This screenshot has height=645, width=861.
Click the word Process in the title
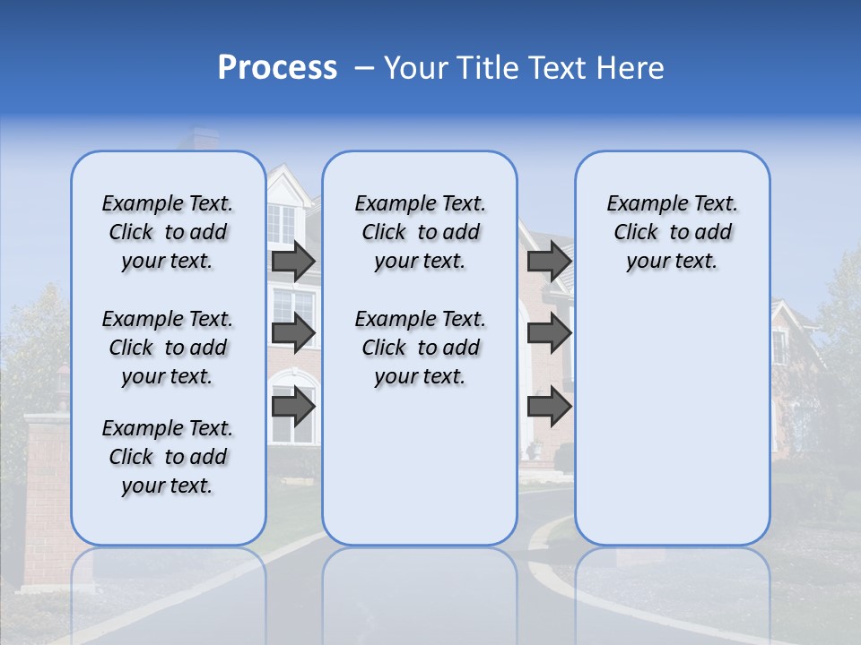(x=277, y=67)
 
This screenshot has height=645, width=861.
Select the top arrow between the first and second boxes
(x=293, y=261)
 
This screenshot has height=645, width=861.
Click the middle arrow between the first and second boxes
(x=293, y=333)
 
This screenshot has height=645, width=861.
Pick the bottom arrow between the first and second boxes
(x=293, y=407)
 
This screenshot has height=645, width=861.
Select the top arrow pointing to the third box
(x=549, y=261)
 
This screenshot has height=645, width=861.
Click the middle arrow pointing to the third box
(x=549, y=333)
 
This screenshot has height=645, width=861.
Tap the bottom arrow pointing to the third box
(x=549, y=407)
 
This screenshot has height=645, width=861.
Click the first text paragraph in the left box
(x=168, y=232)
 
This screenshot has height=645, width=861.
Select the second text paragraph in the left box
(x=168, y=348)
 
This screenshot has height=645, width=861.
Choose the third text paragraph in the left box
(x=168, y=457)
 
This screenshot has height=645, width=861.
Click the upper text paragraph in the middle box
(x=421, y=232)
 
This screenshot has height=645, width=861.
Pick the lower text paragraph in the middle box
(x=421, y=348)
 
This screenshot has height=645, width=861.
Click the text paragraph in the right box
(x=673, y=232)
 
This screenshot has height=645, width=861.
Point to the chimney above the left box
(x=196, y=140)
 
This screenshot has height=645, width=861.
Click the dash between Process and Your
(x=364, y=68)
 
